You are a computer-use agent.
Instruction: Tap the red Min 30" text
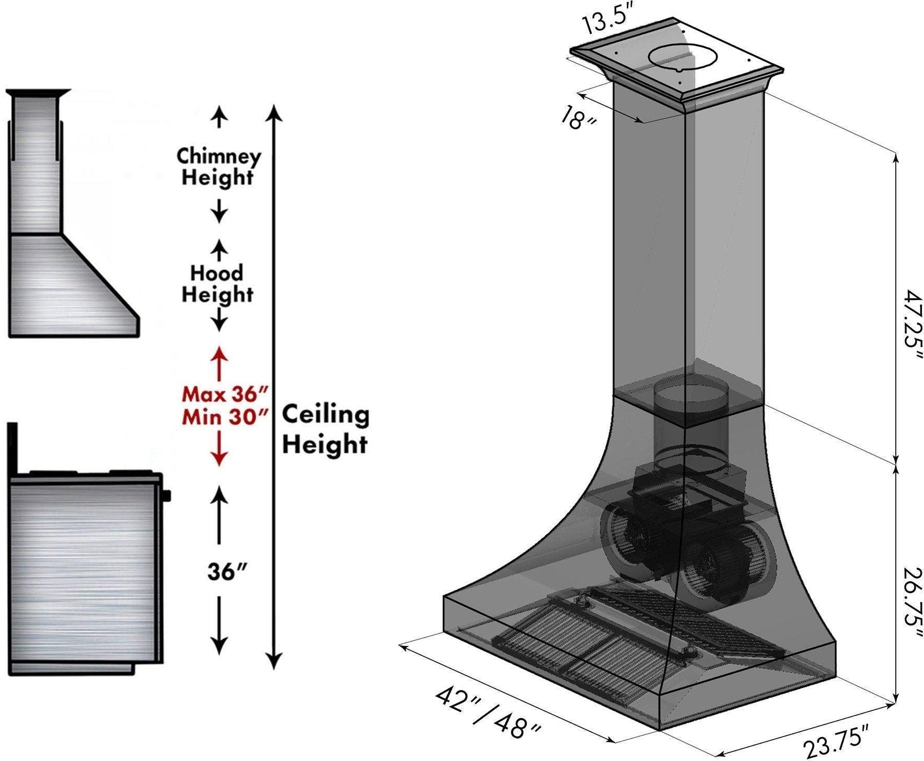coord(225,417)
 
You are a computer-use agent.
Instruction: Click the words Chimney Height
coord(218,167)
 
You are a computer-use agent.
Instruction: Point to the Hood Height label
coord(217,284)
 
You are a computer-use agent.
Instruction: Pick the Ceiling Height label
coord(326,430)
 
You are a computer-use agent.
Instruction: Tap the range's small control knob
coord(167,494)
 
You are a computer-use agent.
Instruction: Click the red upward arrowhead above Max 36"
coord(219,353)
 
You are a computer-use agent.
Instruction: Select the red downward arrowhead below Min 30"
coord(219,458)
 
